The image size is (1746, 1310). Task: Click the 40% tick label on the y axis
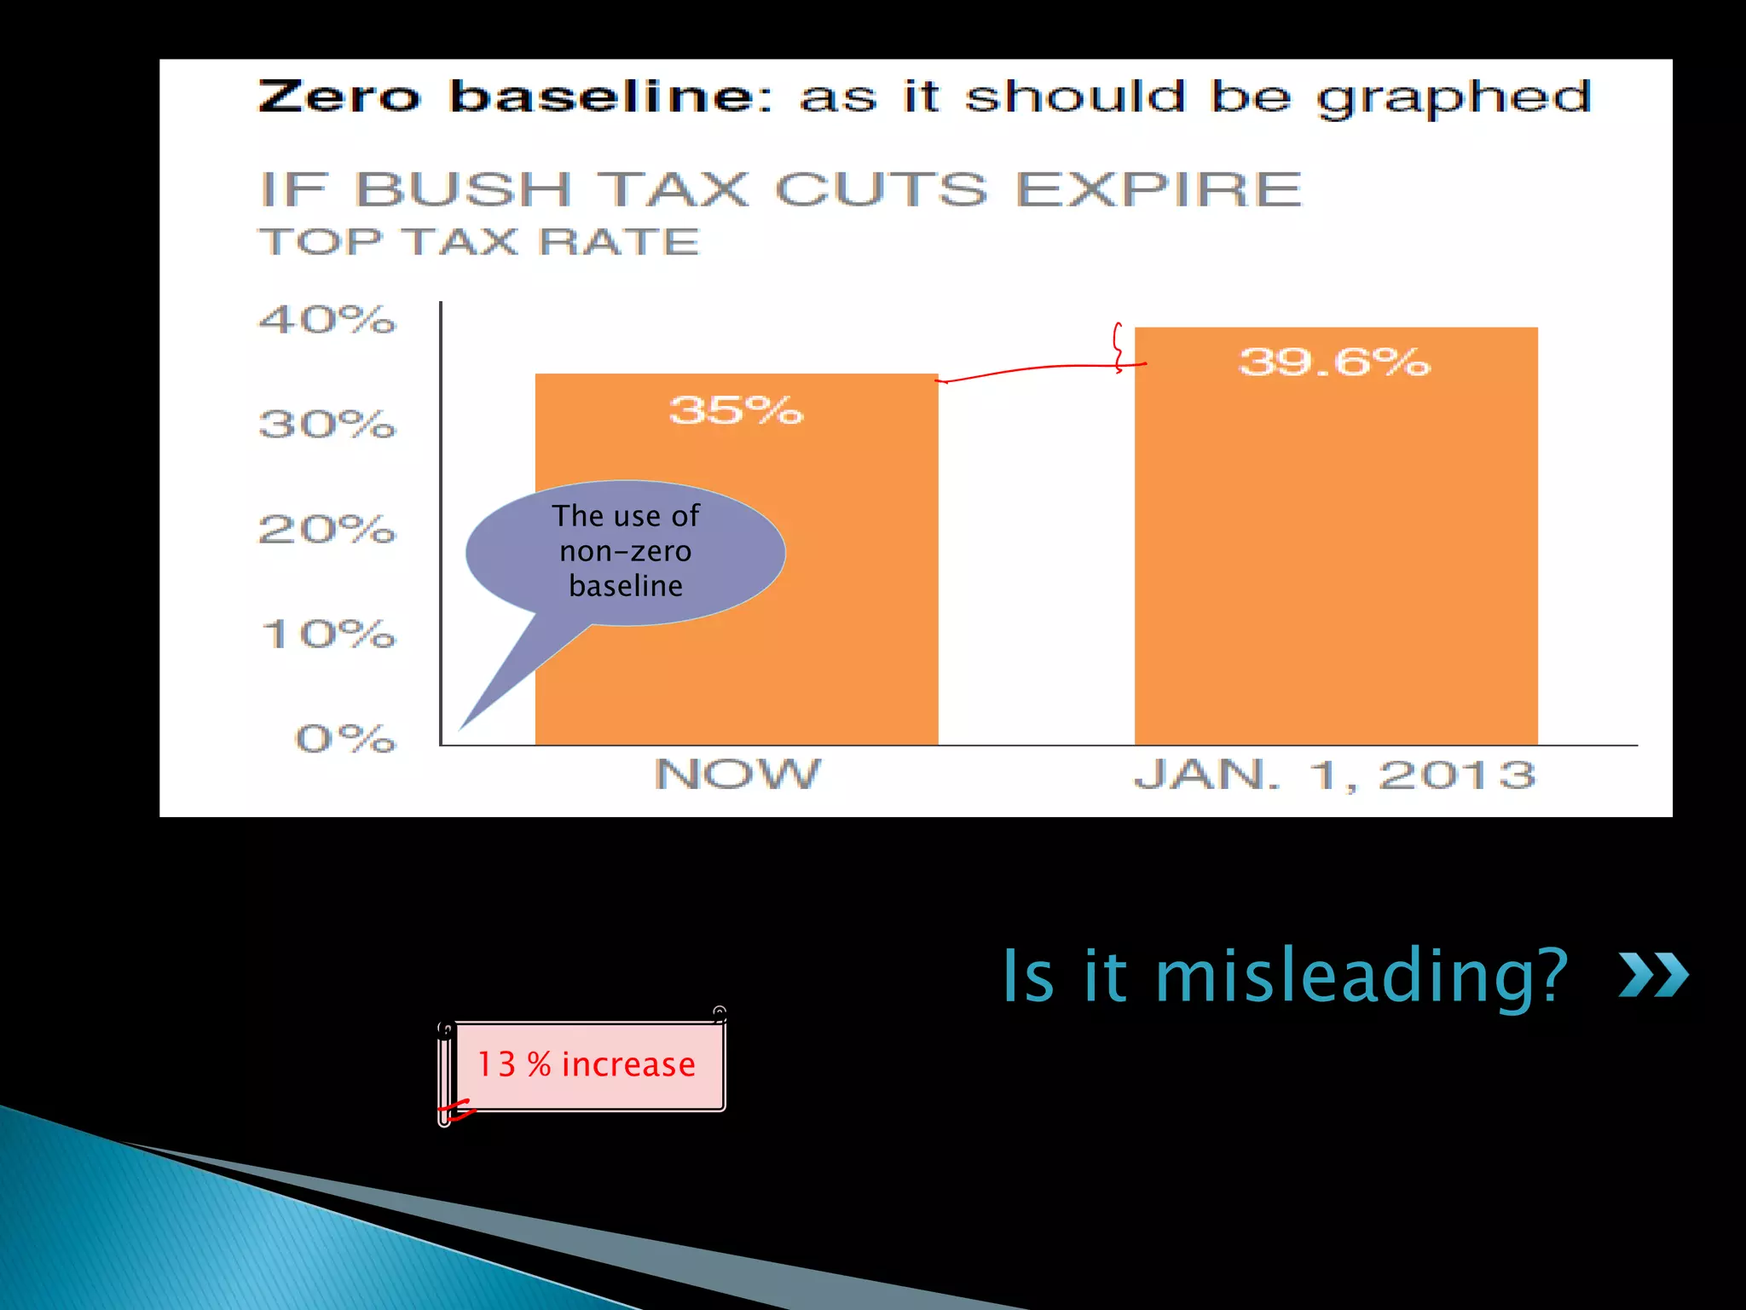click(x=327, y=320)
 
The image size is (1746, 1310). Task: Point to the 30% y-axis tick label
click(x=327, y=424)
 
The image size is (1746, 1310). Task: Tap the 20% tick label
click(x=327, y=530)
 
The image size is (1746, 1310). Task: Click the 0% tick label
click(x=345, y=739)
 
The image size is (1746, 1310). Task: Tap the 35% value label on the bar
click(x=736, y=410)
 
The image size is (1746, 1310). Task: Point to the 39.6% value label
click(x=1334, y=362)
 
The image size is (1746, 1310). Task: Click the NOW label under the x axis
click(x=737, y=774)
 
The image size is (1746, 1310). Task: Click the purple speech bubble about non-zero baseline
click(x=625, y=552)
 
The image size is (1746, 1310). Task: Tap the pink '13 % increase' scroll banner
click(x=586, y=1065)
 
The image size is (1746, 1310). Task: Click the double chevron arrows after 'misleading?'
click(x=1653, y=975)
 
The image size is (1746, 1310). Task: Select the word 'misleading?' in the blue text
click(x=1362, y=976)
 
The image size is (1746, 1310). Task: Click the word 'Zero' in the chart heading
click(x=339, y=96)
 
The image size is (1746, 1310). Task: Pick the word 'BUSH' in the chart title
click(x=462, y=189)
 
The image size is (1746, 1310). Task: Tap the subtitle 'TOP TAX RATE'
click(x=479, y=242)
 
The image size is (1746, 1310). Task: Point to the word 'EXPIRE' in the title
click(x=1159, y=189)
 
